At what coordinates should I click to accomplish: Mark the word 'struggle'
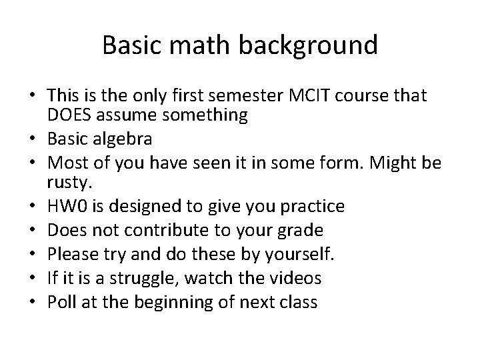149,278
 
